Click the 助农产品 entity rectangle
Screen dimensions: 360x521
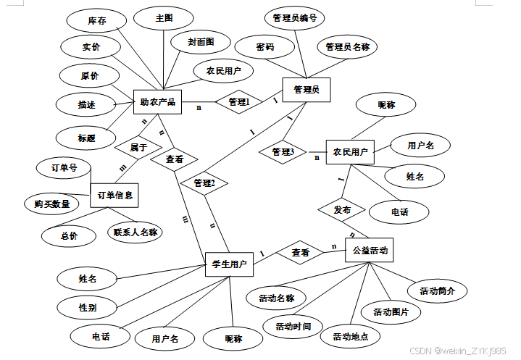(x=157, y=102)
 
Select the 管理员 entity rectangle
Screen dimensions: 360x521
(x=306, y=91)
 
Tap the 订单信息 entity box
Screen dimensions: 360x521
(x=114, y=194)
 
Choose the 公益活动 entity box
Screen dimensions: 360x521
(x=370, y=252)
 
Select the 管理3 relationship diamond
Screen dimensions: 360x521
(x=283, y=152)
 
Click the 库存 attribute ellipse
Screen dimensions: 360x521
(x=97, y=21)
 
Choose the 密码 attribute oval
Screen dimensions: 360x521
(x=265, y=47)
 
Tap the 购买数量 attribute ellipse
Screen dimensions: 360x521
(x=51, y=204)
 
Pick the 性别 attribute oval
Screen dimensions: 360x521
(x=88, y=307)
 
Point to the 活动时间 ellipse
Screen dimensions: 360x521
(x=293, y=327)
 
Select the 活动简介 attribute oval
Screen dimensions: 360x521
(x=437, y=291)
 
